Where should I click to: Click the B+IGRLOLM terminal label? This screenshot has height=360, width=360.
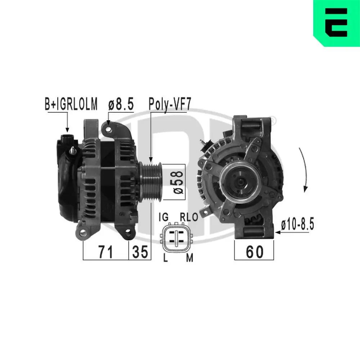(x=71, y=104)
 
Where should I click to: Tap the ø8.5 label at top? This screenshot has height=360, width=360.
(x=121, y=104)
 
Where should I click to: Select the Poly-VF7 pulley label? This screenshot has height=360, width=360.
(x=170, y=104)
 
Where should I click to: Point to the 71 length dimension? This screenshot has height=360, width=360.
(x=105, y=252)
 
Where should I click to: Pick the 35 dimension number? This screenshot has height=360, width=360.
(x=140, y=252)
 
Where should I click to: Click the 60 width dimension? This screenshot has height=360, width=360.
(x=254, y=252)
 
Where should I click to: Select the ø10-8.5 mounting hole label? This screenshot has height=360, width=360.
(x=297, y=225)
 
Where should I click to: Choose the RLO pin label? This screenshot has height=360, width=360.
(x=189, y=217)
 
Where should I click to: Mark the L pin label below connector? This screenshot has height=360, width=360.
(x=165, y=258)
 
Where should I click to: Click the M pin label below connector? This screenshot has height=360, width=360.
(x=189, y=258)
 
